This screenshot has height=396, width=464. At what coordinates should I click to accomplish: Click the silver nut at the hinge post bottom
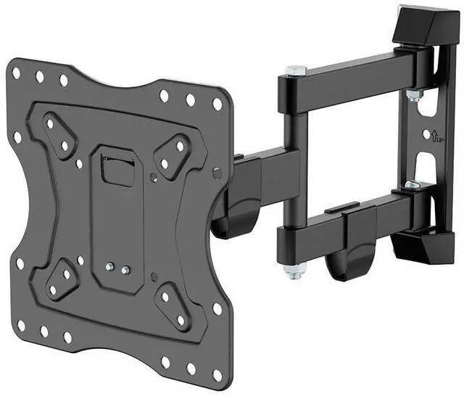295,271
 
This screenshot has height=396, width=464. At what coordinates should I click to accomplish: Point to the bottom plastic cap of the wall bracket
423,247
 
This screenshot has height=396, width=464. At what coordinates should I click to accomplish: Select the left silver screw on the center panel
109,267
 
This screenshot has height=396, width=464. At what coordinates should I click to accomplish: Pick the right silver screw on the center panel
125,269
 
